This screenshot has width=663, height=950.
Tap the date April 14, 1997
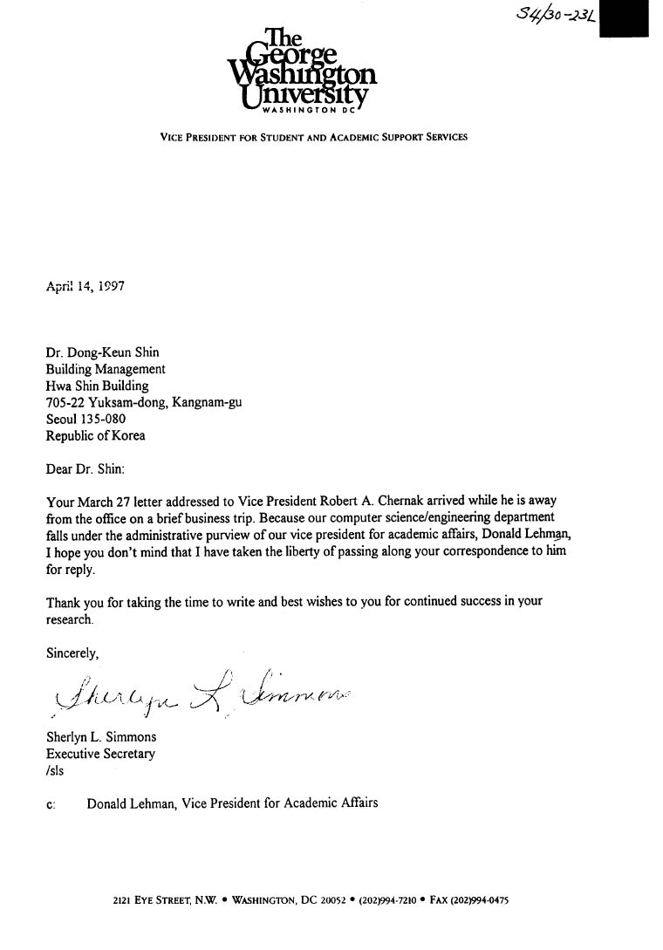pos(85,284)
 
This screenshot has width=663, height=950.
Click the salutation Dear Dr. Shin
pos(85,468)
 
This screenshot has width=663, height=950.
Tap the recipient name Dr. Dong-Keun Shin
pos(102,352)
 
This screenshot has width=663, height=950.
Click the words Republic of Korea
pos(95,435)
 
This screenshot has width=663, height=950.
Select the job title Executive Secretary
pos(101,754)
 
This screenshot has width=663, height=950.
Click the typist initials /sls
pos(55,770)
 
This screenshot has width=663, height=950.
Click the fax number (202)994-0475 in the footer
pos(479,899)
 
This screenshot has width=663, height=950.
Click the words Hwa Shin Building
pos(97,386)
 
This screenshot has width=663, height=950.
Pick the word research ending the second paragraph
pos(68,619)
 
